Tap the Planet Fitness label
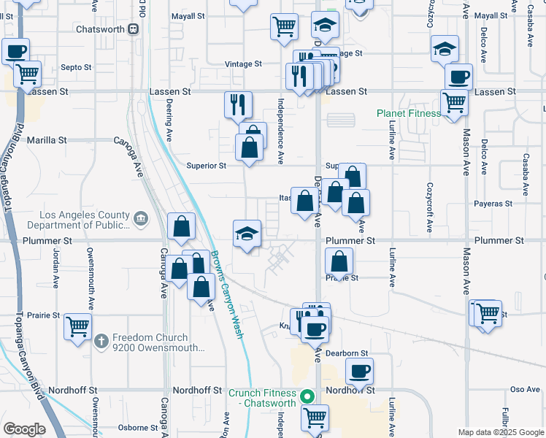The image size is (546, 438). tap(409, 113)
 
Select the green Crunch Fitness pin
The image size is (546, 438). tap(307, 397)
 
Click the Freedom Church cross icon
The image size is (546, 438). tap(101, 339)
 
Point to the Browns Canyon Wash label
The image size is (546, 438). tap(227, 293)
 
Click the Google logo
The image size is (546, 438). tap(25, 429)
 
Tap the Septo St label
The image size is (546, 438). tap(76, 67)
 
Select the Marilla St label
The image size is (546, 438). tap(47, 139)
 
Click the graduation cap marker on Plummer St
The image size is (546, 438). tap(247, 234)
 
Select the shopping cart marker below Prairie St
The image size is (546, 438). tap(77, 327)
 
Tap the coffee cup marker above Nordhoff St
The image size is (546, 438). tap(359, 372)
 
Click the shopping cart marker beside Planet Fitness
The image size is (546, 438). tap(454, 103)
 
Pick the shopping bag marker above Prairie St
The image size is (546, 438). tap(339, 261)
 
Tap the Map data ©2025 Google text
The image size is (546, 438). tap(500, 432)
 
